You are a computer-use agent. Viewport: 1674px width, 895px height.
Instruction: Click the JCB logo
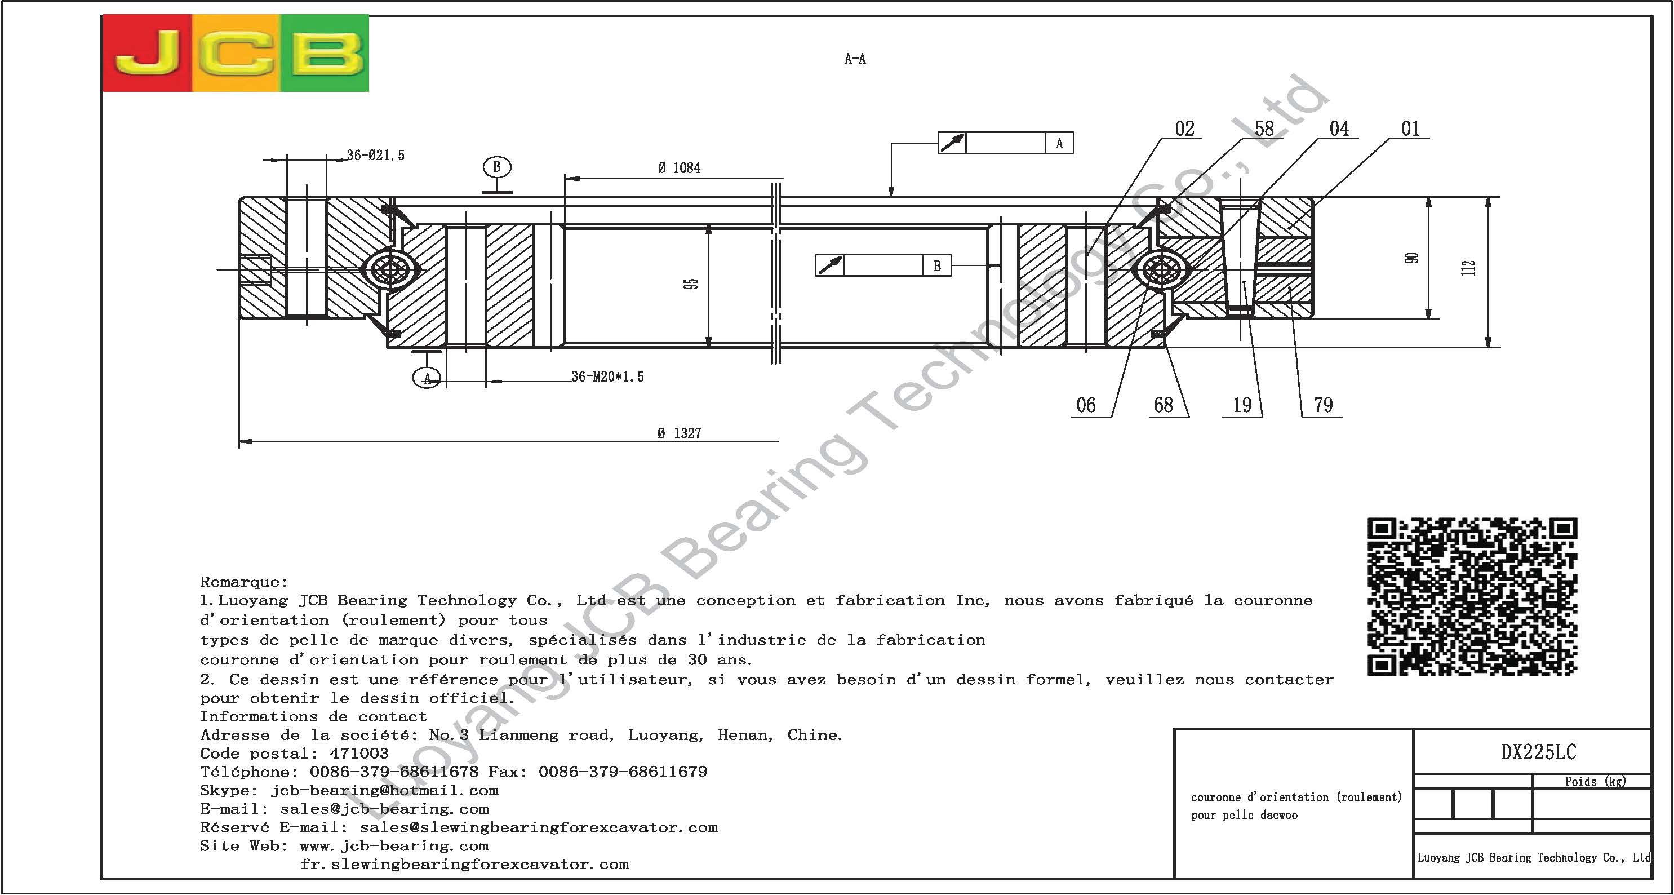tap(236, 54)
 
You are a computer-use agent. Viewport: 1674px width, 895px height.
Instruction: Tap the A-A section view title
tap(855, 59)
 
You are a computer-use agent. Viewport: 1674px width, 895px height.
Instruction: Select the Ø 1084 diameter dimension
tap(679, 169)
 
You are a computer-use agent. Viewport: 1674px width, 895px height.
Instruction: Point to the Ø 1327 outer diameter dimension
tap(679, 433)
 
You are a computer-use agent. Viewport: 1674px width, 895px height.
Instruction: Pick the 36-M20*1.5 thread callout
tap(607, 377)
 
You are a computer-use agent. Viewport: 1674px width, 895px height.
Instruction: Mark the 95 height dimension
tap(691, 284)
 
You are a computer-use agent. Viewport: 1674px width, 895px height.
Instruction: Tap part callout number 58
tap(1264, 129)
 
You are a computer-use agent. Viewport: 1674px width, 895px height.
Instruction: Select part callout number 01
tap(1410, 129)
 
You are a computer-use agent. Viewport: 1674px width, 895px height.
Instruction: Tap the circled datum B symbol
tap(496, 167)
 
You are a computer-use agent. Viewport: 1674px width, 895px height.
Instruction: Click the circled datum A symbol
tap(427, 378)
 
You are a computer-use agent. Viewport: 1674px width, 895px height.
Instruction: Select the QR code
tap(1472, 597)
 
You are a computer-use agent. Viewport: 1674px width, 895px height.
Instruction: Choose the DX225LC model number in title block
tap(1538, 752)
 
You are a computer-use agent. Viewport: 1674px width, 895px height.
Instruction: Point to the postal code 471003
tap(359, 754)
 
